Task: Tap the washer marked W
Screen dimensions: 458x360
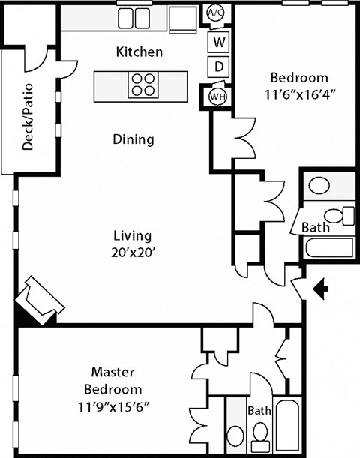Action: pos(218,41)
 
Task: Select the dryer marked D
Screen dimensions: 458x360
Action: pos(218,67)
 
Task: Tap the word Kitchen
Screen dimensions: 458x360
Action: pos(139,52)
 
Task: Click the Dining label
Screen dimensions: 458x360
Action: pos(133,139)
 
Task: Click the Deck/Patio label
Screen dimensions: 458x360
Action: pos(28,117)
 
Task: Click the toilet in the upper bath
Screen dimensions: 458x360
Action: pos(343,214)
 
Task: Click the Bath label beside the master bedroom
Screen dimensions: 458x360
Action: pos(259,411)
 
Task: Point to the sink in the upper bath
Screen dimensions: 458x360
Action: pos(321,186)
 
